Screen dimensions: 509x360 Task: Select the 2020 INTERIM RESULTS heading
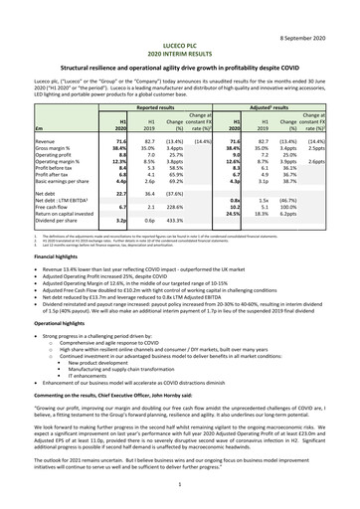pyautogui.click(x=179, y=31)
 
